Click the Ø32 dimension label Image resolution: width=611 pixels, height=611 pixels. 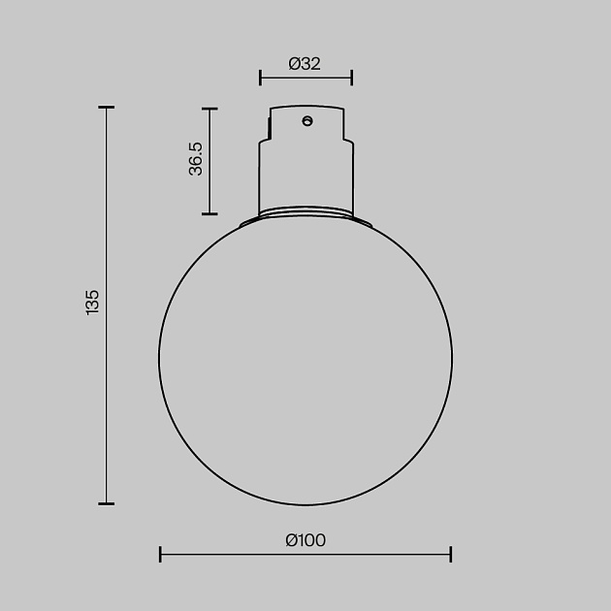[305, 64]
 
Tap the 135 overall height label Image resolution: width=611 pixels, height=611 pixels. [92, 303]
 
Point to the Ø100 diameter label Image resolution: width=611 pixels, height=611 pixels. [305, 540]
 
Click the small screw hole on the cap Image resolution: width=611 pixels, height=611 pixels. [307, 121]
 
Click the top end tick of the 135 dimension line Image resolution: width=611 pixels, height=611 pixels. [107, 108]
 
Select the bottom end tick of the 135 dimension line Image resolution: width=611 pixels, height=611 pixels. [107, 503]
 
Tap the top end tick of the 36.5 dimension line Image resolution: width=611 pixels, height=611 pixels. [209, 109]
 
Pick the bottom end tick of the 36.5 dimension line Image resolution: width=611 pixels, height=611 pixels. [209, 213]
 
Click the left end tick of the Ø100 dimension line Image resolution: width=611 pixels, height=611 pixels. [160, 554]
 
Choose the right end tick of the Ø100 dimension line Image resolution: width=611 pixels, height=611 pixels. [451, 554]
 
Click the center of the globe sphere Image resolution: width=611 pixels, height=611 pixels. [305, 359]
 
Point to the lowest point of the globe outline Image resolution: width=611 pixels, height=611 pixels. [305, 504]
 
